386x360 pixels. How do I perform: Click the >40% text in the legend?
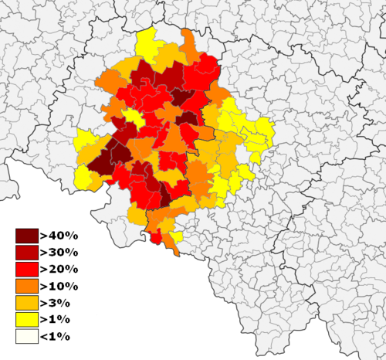pyautogui.click(x=59, y=235)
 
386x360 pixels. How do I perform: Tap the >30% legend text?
pyautogui.click(x=59, y=252)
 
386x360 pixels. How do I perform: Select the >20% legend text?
pyautogui.click(x=59, y=269)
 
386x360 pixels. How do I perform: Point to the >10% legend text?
pyautogui.click(x=59, y=286)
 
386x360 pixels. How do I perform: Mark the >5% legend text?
pyautogui.click(x=56, y=303)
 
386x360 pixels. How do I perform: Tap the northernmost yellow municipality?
pyautogui.click(x=147, y=42)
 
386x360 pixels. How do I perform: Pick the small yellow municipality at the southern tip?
pyautogui.click(x=177, y=236)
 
